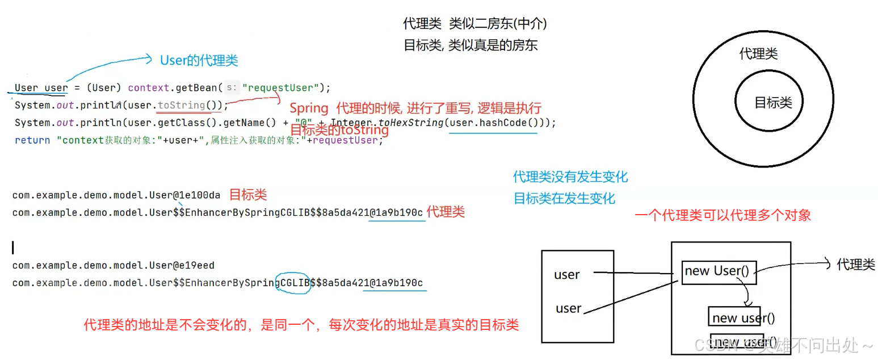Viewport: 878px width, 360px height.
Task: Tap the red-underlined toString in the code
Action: pos(182,105)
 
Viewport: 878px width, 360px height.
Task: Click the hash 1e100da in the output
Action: pos(199,195)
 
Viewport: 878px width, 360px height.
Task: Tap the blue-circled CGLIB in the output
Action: pos(293,282)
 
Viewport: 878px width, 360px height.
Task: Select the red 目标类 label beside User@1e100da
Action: pos(248,195)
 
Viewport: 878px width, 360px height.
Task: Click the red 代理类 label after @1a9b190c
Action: pos(446,212)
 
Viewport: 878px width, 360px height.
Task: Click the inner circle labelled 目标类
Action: pos(772,103)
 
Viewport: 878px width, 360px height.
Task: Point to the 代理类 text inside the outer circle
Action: pos(758,54)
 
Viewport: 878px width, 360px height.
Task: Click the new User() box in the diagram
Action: pos(719,271)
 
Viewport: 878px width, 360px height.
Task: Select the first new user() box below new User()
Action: pos(743,318)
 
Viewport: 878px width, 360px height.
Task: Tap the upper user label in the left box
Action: pos(567,275)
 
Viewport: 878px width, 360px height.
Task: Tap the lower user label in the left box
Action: pos(569,309)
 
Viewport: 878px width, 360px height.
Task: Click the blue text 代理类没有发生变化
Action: pos(570,177)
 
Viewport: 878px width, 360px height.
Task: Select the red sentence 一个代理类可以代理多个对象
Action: pos(722,215)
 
